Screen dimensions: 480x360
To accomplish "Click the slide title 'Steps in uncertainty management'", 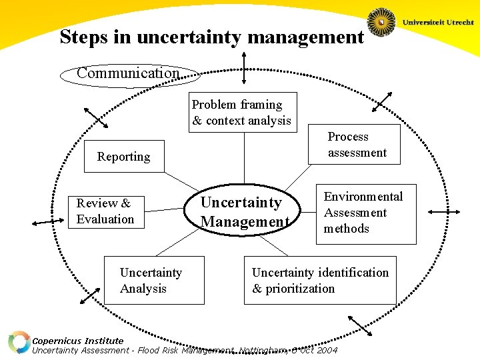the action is (x=211, y=37).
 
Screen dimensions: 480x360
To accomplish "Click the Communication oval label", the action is (x=128, y=73).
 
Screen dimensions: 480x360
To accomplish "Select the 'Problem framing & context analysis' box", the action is (x=242, y=113).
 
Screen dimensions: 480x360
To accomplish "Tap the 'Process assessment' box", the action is (x=357, y=145).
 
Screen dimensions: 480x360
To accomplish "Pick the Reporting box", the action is (x=124, y=157).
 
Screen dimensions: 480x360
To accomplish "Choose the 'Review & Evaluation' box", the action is (x=105, y=211).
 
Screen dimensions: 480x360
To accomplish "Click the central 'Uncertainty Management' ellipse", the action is (x=244, y=212).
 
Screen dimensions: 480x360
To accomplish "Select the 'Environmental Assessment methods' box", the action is (x=365, y=213).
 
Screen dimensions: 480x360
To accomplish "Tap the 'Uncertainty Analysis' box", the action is (x=151, y=281).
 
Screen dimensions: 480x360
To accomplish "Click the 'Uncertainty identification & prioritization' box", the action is (x=320, y=281).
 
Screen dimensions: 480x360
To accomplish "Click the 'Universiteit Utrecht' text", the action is (x=437, y=22).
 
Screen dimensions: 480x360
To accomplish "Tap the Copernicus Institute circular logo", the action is (x=19, y=342).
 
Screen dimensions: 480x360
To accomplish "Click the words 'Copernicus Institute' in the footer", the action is (x=78, y=341).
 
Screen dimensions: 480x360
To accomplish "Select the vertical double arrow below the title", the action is (x=245, y=69).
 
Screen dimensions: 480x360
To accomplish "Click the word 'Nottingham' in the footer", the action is (x=262, y=350).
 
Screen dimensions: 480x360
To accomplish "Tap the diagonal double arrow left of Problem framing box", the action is (x=96, y=117).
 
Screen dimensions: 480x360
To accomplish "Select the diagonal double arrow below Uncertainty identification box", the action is (x=359, y=325).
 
